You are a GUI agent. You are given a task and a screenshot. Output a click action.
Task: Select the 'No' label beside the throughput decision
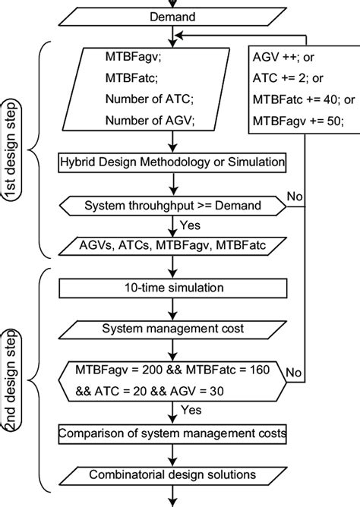click(295, 197)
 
